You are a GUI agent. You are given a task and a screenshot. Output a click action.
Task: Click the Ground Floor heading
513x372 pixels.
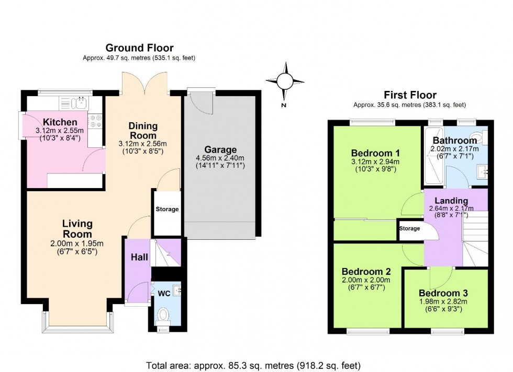139,48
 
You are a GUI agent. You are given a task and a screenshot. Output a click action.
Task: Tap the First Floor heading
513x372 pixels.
410,95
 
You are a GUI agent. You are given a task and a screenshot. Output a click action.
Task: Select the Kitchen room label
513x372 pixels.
60,122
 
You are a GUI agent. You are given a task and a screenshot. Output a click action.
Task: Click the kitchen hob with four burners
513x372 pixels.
95,121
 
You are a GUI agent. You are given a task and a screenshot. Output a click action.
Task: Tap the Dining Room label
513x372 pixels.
143,131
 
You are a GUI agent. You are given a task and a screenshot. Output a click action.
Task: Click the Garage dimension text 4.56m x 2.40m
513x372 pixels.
220,158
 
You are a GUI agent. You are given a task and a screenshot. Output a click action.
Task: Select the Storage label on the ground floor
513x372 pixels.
167,209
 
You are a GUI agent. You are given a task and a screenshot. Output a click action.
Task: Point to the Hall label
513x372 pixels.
139,258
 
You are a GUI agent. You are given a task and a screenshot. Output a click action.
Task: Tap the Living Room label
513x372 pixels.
77,229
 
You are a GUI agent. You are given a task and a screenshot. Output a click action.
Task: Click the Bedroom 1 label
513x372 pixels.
376,153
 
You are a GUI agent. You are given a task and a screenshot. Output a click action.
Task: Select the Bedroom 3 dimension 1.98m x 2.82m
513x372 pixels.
443,301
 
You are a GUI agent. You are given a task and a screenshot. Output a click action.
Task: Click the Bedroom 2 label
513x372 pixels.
366,271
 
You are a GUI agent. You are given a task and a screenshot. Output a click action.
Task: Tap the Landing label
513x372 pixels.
451,201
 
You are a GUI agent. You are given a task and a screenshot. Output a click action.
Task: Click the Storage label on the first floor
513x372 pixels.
409,228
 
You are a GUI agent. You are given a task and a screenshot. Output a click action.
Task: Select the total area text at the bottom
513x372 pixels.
253,365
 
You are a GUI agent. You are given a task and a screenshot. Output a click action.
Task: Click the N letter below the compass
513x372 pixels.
284,105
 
